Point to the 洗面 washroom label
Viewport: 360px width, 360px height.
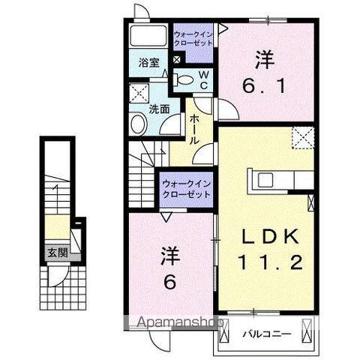(158, 109)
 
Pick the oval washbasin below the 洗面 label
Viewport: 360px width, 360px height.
(139, 124)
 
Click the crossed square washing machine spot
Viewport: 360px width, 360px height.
(139, 94)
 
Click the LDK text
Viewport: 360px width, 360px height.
(273, 237)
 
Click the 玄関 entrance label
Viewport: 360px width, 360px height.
(57, 253)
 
